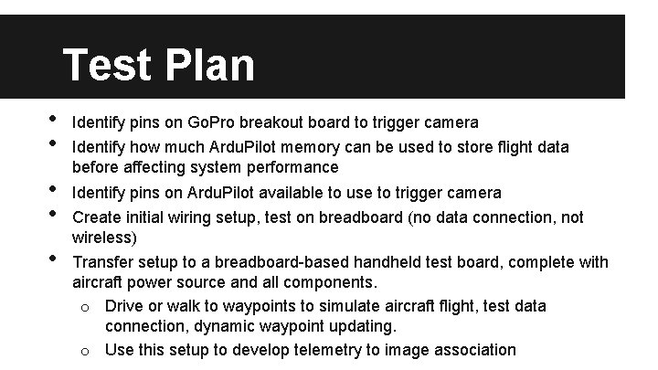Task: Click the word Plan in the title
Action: pyautogui.click(x=209, y=65)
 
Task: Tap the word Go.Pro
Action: pyautogui.click(x=213, y=122)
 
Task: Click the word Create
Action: pyautogui.click(x=97, y=217)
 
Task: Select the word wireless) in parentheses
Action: pyautogui.click(x=104, y=238)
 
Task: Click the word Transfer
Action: pyautogui.click(x=102, y=263)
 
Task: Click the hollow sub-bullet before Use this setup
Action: pyautogui.click(x=84, y=350)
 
